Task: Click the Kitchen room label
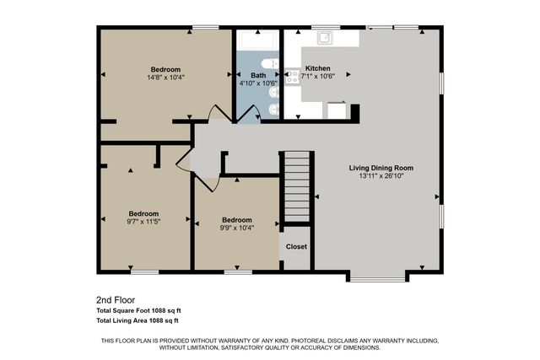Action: pos(317,68)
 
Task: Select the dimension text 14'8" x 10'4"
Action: pos(165,78)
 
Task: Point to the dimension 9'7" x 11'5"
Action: pos(143,222)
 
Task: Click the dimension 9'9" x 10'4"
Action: pos(237,228)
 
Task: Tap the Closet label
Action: pos(296,247)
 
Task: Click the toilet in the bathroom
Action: pos(269,64)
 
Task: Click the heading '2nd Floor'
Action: pos(115,299)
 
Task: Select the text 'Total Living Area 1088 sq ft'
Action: pos(138,320)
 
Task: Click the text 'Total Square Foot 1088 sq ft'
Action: pos(139,310)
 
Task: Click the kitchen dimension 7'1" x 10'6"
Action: pos(318,76)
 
